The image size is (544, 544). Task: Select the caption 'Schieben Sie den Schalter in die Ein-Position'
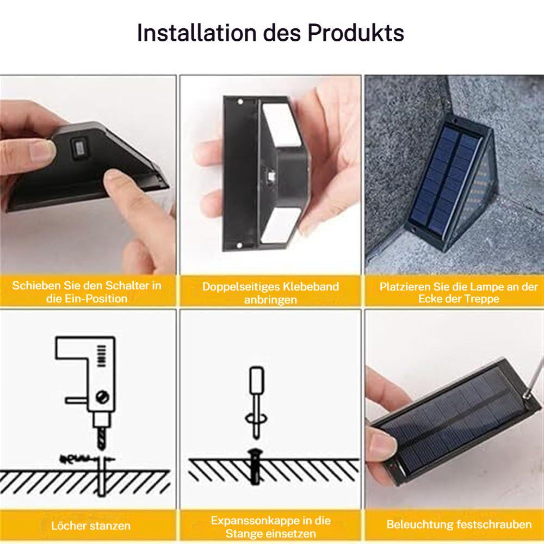[87, 292]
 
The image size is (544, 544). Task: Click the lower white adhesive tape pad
[279, 224]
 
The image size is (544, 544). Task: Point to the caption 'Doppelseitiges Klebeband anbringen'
[270, 293]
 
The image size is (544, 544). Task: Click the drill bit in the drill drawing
[101, 437]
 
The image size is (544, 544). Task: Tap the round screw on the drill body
[101, 397]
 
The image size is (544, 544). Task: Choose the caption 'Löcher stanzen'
[91, 526]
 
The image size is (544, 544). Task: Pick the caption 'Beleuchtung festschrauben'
[459, 524]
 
